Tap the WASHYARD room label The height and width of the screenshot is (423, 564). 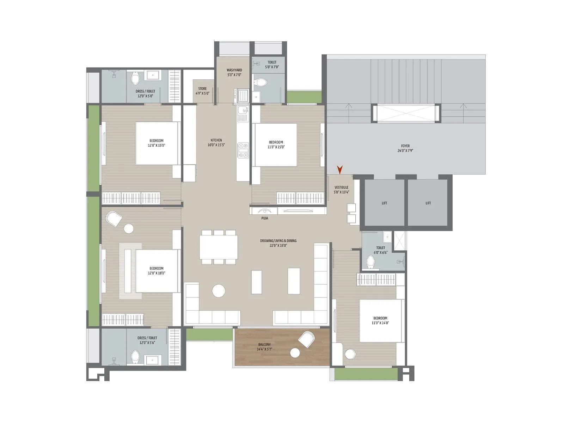coord(234,70)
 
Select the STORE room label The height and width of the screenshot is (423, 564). coord(202,89)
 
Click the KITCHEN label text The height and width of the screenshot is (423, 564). coord(216,140)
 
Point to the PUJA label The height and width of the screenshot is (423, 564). coord(265,218)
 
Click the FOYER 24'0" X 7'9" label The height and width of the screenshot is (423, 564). coord(405,148)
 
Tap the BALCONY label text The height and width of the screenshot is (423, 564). coord(264,344)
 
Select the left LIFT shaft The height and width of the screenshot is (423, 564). coord(384,203)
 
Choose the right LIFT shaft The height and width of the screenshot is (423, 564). coord(428,203)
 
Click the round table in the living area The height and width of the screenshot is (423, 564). coord(219,291)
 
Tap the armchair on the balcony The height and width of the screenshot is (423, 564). coord(306,339)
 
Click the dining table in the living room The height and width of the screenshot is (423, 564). coord(219,247)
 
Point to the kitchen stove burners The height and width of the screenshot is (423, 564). coord(243,150)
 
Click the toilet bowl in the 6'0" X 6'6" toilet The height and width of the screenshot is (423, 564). coord(370,262)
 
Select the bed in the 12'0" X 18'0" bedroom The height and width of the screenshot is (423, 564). coord(156,271)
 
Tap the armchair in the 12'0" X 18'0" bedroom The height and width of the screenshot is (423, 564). coord(114,219)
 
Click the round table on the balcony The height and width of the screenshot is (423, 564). coord(295,352)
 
